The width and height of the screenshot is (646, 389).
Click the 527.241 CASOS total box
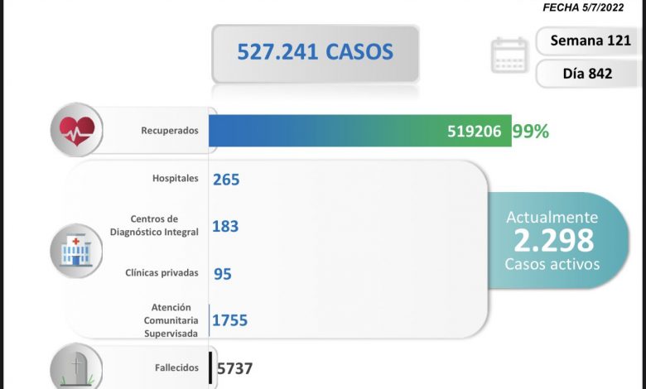click(x=315, y=53)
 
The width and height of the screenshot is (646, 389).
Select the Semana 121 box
click(x=587, y=41)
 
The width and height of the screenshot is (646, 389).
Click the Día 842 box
click(x=587, y=74)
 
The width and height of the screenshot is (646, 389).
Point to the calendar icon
click(x=508, y=55)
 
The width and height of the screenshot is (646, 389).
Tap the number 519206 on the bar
click(x=474, y=131)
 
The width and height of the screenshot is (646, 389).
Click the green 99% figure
click(x=531, y=131)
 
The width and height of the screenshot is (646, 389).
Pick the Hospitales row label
click(x=176, y=178)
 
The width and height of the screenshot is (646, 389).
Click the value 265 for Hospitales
click(x=226, y=179)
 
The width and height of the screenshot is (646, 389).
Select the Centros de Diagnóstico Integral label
click(x=155, y=225)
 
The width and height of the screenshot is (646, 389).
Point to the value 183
click(x=226, y=225)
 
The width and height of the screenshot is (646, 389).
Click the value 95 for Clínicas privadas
click(x=222, y=272)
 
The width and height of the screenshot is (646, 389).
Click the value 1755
click(x=230, y=319)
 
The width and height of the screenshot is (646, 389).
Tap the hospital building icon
click(x=76, y=248)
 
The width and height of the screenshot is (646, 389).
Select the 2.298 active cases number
click(x=553, y=240)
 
